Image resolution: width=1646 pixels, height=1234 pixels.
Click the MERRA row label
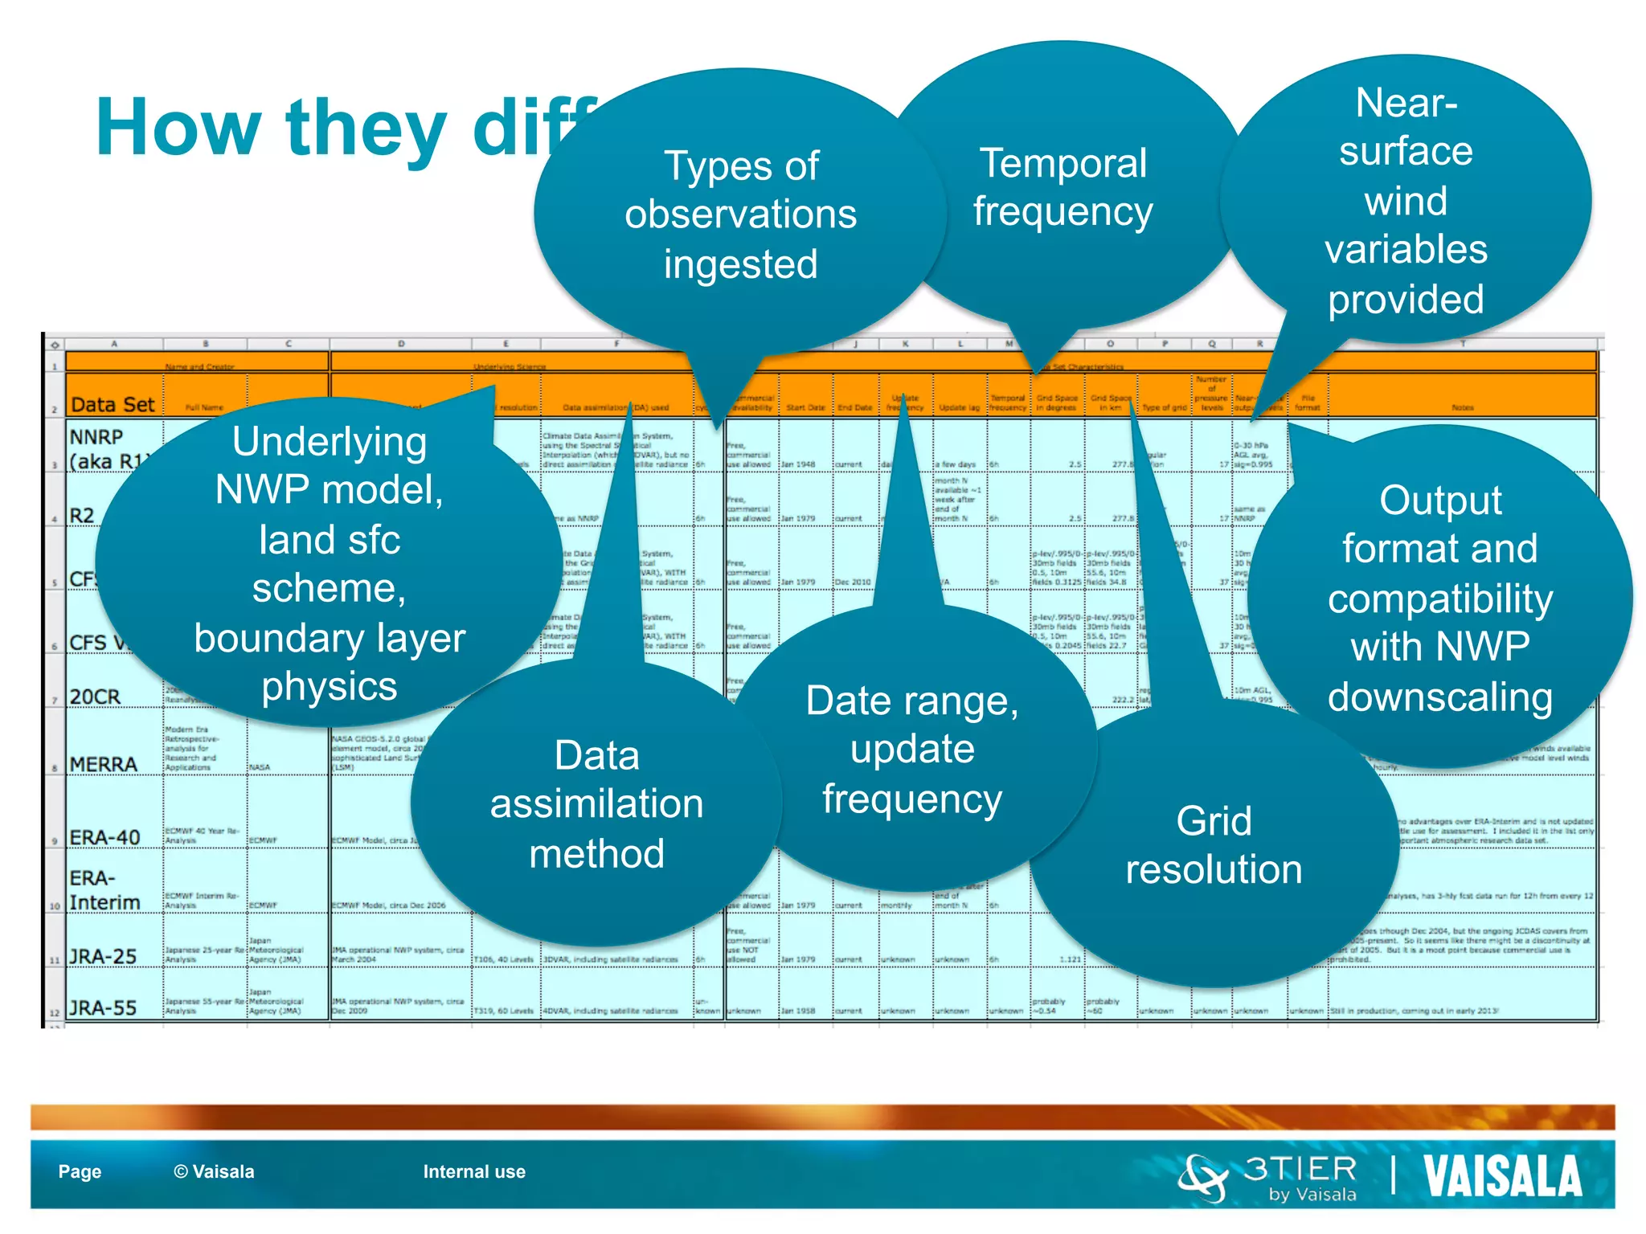(x=103, y=764)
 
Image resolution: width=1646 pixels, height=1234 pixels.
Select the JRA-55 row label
(x=103, y=1007)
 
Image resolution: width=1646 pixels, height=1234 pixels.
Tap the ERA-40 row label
(x=104, y=837)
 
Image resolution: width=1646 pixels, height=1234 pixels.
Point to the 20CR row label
(x=95, y=697)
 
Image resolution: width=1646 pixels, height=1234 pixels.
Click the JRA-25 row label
(x=103, y=956)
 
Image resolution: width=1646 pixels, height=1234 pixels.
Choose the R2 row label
(x=82, y=516)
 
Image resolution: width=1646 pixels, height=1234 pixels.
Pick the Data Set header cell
(x=113, y=404)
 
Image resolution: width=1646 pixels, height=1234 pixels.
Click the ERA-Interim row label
(x=104, y=890)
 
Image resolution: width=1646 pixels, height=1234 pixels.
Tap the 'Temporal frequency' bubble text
(x=1063, y=187)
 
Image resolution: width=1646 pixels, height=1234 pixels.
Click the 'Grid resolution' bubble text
(x=1214, y=845)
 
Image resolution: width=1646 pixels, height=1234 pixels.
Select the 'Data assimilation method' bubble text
(x=596, y=804)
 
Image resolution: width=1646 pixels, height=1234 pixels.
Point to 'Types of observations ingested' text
(x=740, y=215)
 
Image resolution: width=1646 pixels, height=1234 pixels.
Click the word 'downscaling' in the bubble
(x=1439, y=697)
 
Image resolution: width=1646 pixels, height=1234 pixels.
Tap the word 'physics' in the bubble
(x=330, y=687)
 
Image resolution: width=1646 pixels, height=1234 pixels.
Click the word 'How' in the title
(x=178, y=129)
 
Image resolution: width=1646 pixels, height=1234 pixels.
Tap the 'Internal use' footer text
(x=474, y=1171)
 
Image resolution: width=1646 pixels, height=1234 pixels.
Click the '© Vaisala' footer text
(x=214, y=1171)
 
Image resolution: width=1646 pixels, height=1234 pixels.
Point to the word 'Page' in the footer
(x=80, y=1171)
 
